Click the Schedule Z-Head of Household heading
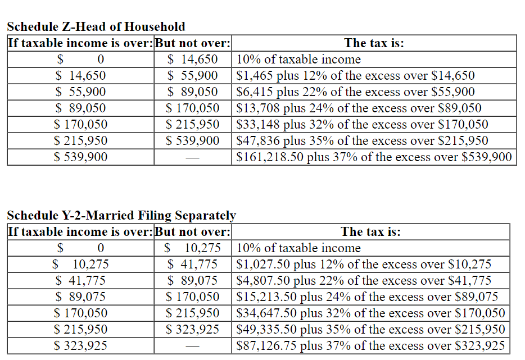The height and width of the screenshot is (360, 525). tap(96, 26)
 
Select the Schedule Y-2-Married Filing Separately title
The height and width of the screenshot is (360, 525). tap(121, 215)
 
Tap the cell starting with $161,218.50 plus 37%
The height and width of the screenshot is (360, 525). tap(374, 157)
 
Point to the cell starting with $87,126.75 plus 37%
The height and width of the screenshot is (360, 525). tap(370, 345)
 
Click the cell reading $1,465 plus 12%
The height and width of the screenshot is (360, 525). tap(355, 75)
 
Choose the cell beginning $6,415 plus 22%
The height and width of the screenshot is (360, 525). tap(355, 92)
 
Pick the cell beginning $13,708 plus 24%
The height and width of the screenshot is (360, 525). tap(359, 108)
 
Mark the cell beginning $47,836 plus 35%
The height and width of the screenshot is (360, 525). tap(362, 140)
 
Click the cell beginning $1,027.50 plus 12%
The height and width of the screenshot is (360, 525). tap(364, 264)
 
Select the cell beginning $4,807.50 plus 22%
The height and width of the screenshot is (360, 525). tap(364, 280)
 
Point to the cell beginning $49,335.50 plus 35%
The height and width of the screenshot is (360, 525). tap(370, 329)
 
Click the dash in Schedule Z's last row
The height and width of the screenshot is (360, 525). tap(193, 158)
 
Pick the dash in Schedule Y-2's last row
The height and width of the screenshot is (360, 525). tap(193, 347)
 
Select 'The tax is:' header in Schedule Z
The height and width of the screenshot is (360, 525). tap(374, 43)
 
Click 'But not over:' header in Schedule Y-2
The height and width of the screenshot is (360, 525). tap(193, 231)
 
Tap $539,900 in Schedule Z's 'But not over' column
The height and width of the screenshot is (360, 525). tap(193, 140)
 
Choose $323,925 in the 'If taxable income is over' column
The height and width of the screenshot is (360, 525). tap(80, 345)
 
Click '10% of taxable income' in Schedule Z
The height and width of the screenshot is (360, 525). tap(298, 59)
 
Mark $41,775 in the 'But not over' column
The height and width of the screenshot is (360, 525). tap(193, 264)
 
